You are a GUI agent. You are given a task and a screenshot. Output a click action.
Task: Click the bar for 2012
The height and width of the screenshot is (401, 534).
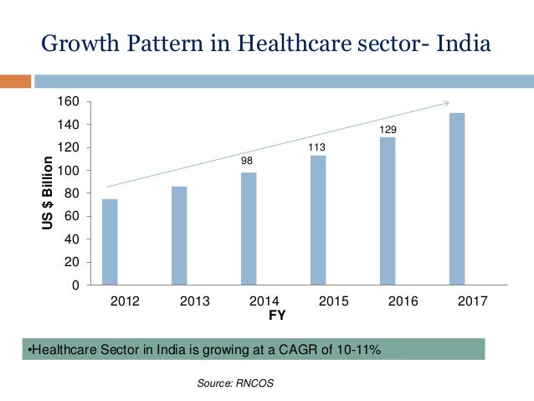[110, 242]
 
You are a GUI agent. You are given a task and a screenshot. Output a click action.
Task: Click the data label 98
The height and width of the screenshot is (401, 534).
[248, 160]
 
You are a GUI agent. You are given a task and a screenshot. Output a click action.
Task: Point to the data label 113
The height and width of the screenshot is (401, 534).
[317, 147]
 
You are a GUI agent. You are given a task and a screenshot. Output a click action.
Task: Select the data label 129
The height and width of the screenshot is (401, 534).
[387, 131]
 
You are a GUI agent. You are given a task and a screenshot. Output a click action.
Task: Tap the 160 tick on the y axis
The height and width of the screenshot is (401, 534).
[68, 102]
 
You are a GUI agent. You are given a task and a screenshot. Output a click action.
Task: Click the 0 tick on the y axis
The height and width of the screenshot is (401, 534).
[74, 285]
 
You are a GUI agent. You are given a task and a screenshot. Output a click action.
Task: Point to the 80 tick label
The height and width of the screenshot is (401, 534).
[71, 194]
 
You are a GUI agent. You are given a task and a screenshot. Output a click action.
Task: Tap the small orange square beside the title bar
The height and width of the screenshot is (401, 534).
[14, 82]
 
